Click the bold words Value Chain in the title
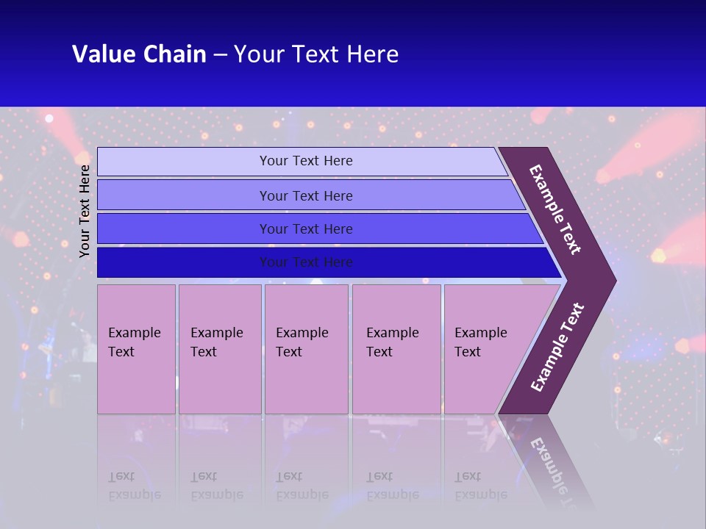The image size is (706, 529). (139, 54)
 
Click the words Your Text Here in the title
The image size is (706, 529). (316, 54)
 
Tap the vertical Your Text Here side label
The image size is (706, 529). (85, 211)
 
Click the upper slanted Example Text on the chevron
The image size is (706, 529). (555, 209)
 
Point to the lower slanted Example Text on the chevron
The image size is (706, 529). (557, 348)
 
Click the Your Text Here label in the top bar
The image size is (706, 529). (306, 161)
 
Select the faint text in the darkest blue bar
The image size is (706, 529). (306, 262)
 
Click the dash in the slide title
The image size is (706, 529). (220, 55)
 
